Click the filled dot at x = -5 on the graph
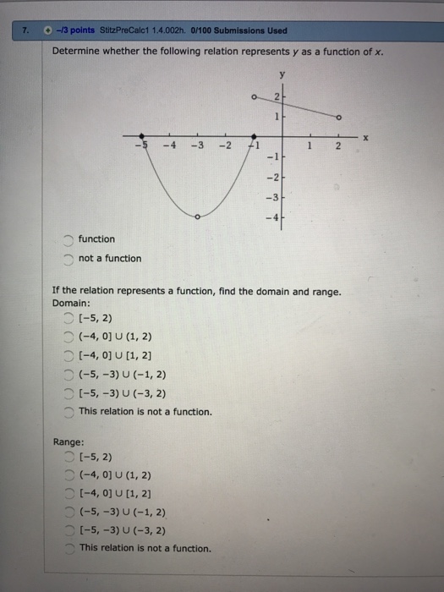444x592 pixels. click(141, 135)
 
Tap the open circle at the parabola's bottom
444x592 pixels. click(198, 217)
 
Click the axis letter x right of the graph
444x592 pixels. click(365, 135)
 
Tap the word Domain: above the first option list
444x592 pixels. click(70, 303)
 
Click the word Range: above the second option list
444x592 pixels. click(68, 441)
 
